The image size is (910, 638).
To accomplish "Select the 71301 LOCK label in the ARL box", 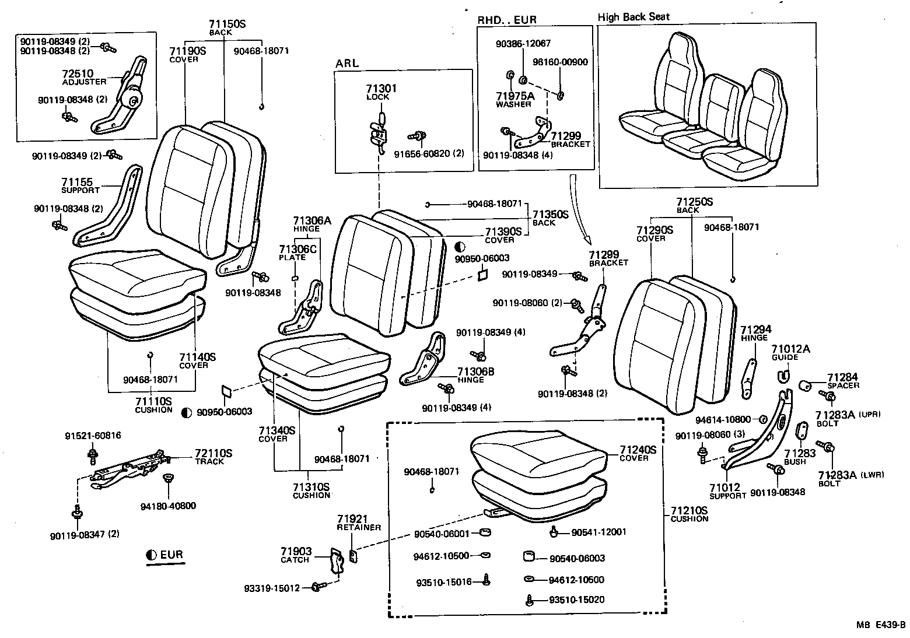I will pyautogui.click(x=381, y=92).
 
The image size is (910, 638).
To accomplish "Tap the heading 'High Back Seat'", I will pyautogui.click(x=633, y=17).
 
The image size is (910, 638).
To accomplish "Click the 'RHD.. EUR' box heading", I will pyautogui.click(x=507, y=20).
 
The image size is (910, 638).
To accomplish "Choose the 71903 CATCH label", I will pyautogui.click(x=296, y=555).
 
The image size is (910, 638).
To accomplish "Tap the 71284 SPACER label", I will pyautogui.click(x=842, y=381).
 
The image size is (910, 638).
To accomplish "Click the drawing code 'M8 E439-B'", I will pyautogui.click(x=881, y=625).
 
